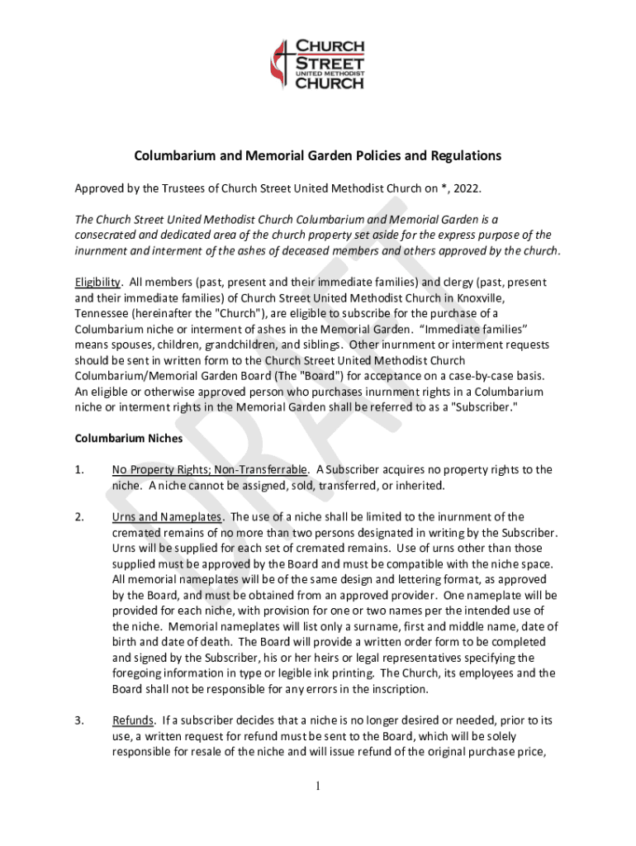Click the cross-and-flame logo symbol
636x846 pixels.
click(283, 65)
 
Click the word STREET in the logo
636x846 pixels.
click(330, 61)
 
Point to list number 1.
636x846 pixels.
click(79, 469)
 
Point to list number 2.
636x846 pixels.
click(79, 517)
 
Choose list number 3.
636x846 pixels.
click(79, 720)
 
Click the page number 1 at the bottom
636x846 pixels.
click(318, 786)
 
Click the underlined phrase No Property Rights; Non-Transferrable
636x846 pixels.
click(211, 469)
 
